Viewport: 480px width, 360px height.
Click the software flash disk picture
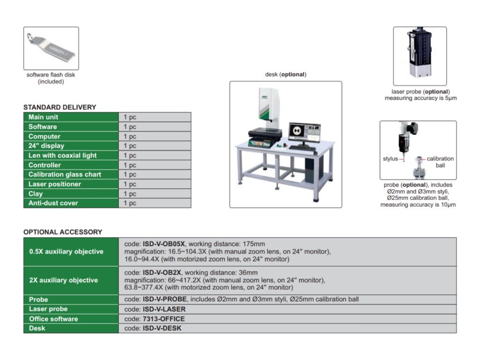click(51, 48)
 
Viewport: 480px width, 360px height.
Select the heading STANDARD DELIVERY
click(60, 107)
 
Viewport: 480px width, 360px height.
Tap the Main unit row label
click(44, 117)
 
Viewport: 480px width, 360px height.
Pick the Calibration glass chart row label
click(65, 174)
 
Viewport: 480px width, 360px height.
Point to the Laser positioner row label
click(54, 184)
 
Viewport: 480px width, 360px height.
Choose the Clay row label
click(36, 194)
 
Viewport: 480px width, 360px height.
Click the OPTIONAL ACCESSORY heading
click(62, 232)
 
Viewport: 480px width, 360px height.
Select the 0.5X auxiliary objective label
click(66, 252)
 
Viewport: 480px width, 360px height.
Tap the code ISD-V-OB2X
click(162, 272)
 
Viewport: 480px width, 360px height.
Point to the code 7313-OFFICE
click(164, 319)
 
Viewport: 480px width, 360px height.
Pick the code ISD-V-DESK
click(162, 328)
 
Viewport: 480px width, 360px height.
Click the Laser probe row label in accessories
click(48, 309)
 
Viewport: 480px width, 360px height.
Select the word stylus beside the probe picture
click(390, 159)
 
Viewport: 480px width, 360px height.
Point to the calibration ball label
click(440, 162)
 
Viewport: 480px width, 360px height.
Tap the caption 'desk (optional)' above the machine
click(285, 75)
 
